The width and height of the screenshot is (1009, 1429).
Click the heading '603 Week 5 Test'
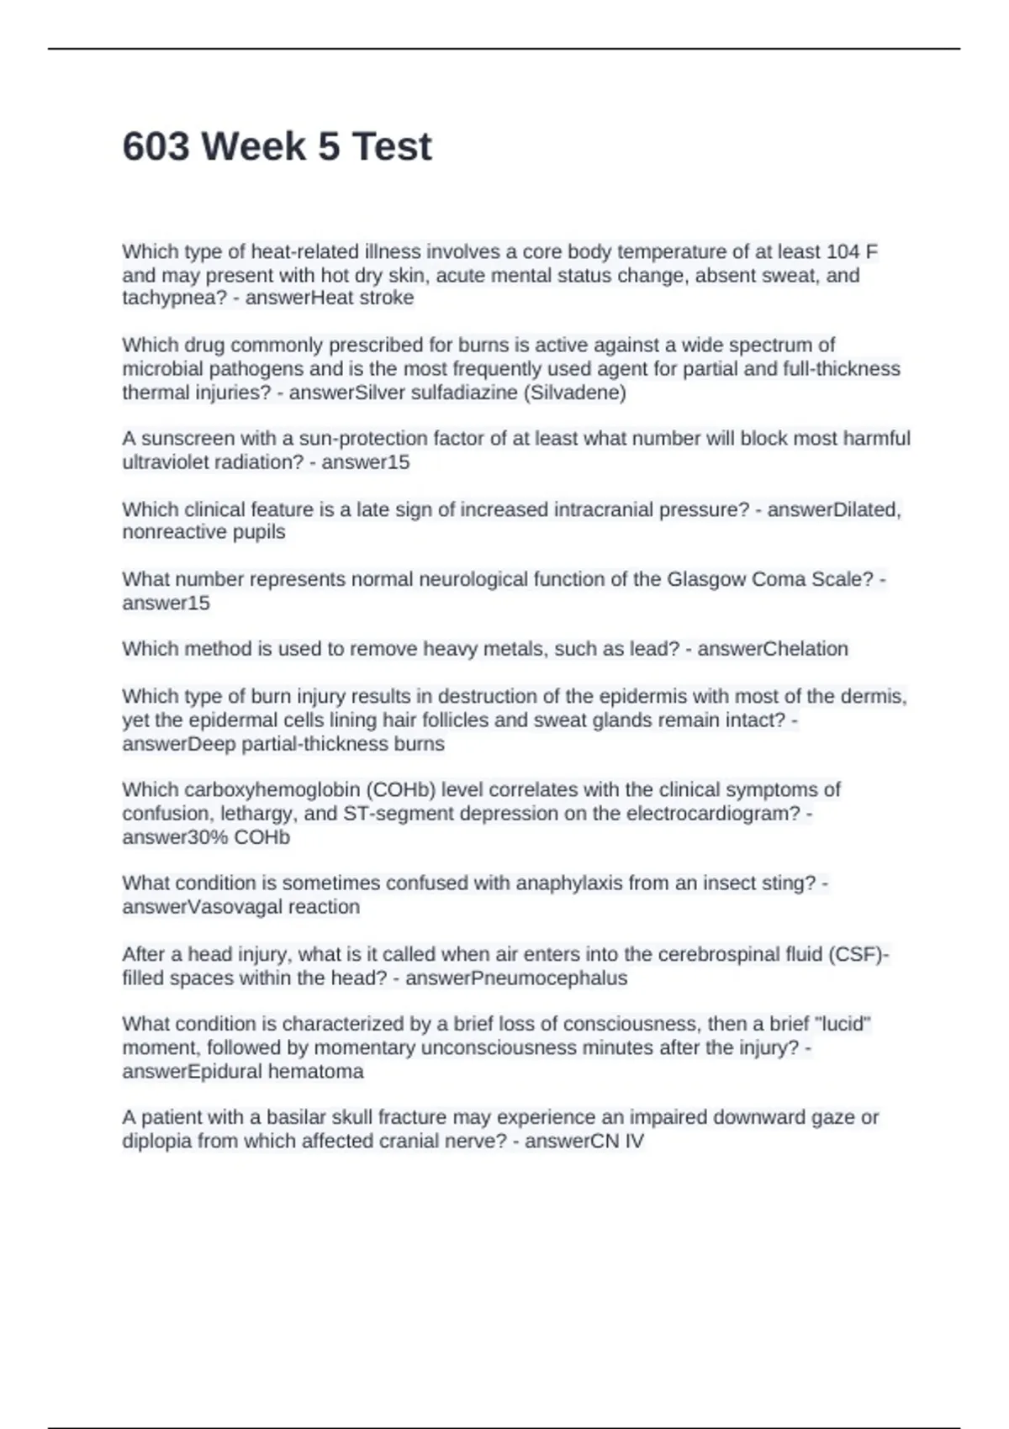(x=277, y=147)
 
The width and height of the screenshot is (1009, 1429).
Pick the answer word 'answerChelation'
(x=772, y=649)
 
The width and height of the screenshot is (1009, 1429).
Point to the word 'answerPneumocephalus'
(x=515, y=978)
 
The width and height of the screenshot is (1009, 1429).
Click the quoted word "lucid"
(x=842, y=1024)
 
